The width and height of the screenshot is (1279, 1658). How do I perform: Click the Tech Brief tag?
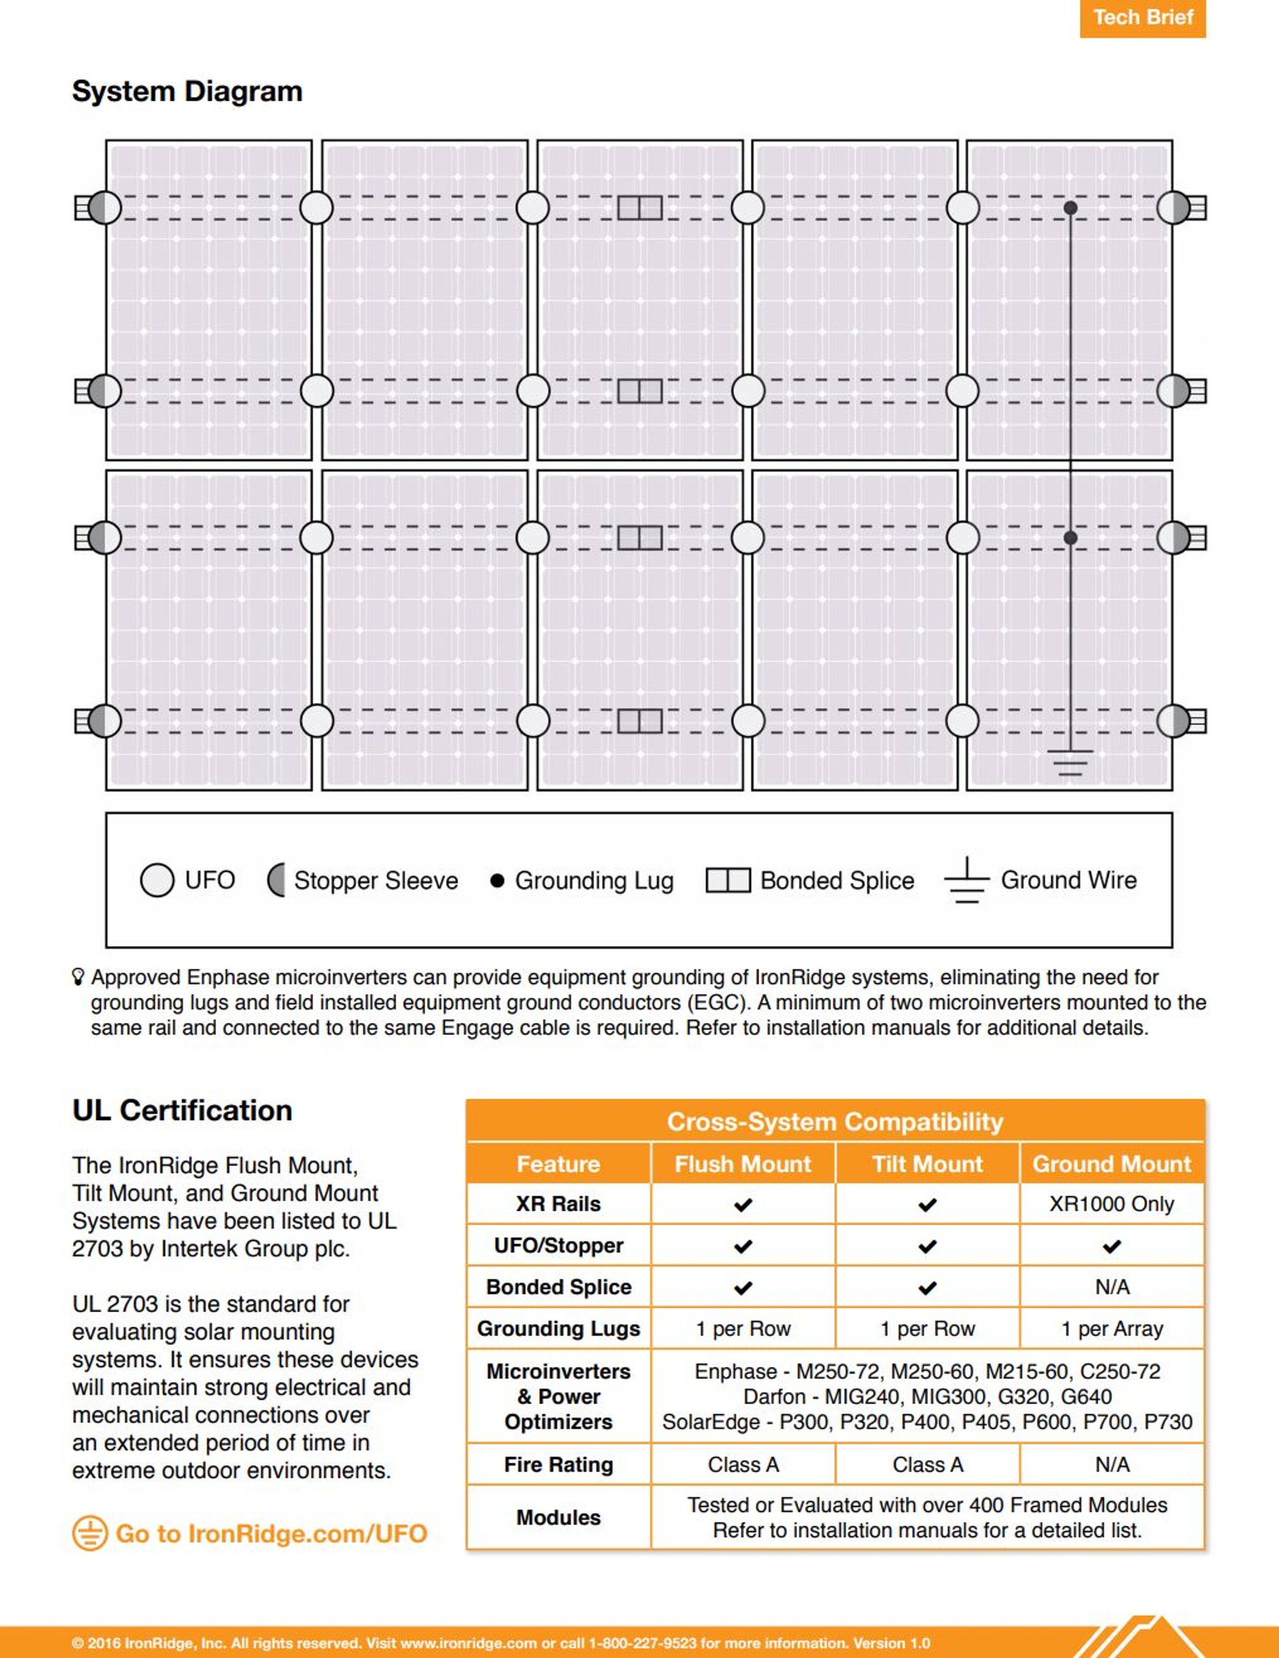click(x=1143, y=17)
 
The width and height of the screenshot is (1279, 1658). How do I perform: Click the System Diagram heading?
click(x=187, y=91)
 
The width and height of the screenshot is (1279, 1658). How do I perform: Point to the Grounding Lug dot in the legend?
click(x=497, y=881)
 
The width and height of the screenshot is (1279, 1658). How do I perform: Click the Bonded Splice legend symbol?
click(x=728, y=881)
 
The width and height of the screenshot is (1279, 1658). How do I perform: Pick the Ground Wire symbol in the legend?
click(x=966, y=881)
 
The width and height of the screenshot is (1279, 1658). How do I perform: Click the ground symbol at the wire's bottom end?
click(x=1070, y=761)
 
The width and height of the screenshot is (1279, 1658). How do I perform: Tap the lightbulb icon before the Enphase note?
click(x=78, y=977)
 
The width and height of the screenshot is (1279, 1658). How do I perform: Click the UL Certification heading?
click(x=182, y=1110)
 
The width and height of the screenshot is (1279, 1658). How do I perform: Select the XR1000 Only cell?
click(x=1111, y=1204)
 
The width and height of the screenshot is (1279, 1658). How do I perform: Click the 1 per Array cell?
click(x=1111, y=1328)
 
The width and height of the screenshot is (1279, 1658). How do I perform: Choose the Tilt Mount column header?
click(x=927, y=1164)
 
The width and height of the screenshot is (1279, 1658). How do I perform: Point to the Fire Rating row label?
click(x=559, y=1464)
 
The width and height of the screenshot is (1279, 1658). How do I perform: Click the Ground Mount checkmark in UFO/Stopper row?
click(x=1111, y=1246)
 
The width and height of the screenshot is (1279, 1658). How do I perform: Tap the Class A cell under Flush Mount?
click(x=743, y=1464)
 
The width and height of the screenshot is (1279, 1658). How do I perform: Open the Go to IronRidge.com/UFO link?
click(x=271, y=1534)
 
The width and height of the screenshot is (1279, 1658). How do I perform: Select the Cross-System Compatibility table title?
click(x=835, y=1121)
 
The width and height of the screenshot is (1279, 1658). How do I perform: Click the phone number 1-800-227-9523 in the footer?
click(x=642, y=1644)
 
